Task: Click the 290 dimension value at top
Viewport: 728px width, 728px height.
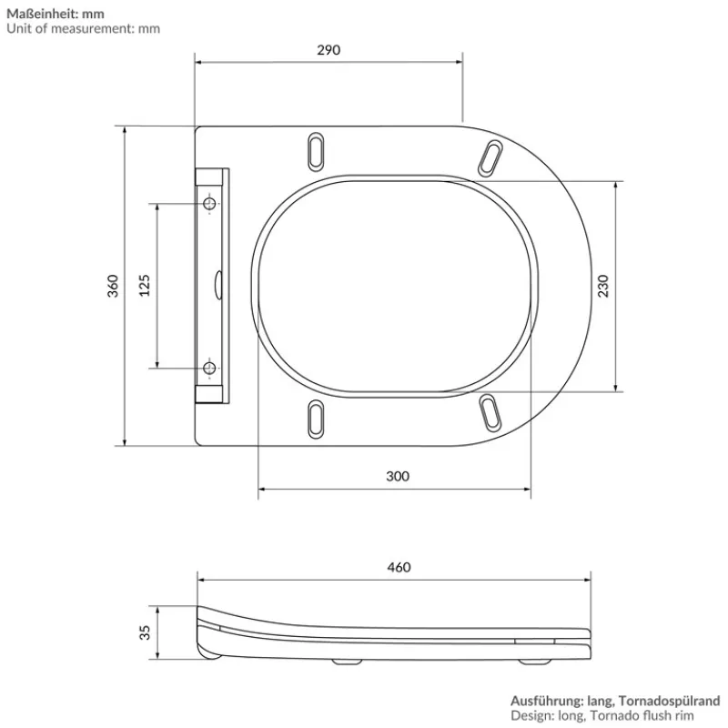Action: point(329,50)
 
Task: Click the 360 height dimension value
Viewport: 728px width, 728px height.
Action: point(114,286)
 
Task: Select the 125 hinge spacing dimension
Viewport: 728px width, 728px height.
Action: point(144,286)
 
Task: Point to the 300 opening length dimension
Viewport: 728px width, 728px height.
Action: point(397,476)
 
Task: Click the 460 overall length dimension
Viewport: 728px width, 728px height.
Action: point(399,567)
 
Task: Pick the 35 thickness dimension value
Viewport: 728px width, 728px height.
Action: point(145,632)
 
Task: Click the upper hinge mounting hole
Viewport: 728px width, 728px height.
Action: point(210,205)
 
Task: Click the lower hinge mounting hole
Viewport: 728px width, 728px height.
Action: point(210,368)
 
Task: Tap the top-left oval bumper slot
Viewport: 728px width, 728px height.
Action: point(316,150)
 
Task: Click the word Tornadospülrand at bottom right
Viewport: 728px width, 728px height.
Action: point(672,701)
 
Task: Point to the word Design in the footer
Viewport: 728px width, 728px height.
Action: point(529,716)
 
